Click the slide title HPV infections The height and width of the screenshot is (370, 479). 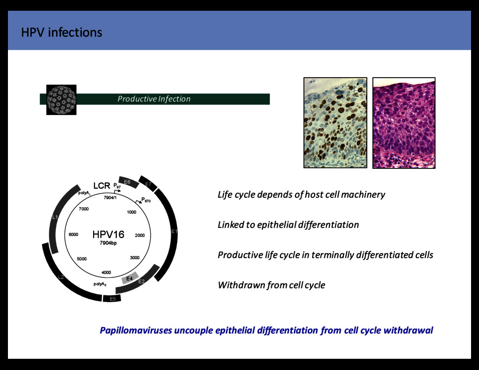tap(61, 32)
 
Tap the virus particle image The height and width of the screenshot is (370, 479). tap(61, 99)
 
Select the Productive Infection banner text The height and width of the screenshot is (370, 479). tap(154, 99)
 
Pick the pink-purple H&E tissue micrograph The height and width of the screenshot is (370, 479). tap(404, 122)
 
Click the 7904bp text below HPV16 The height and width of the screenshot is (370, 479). tap(108, 244)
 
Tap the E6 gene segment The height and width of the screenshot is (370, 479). tap(128, 181)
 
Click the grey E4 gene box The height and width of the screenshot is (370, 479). tap(130, 278)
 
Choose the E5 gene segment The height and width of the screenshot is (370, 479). tap(112, 298)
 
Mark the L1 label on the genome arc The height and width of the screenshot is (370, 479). tap(55, 217)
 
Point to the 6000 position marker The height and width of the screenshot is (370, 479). tap(73, 235)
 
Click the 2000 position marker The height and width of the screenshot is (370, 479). tap(139, 235)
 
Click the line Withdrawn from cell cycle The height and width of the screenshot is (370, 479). tap(271, 285)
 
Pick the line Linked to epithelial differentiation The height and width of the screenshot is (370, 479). tap(288, 225)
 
